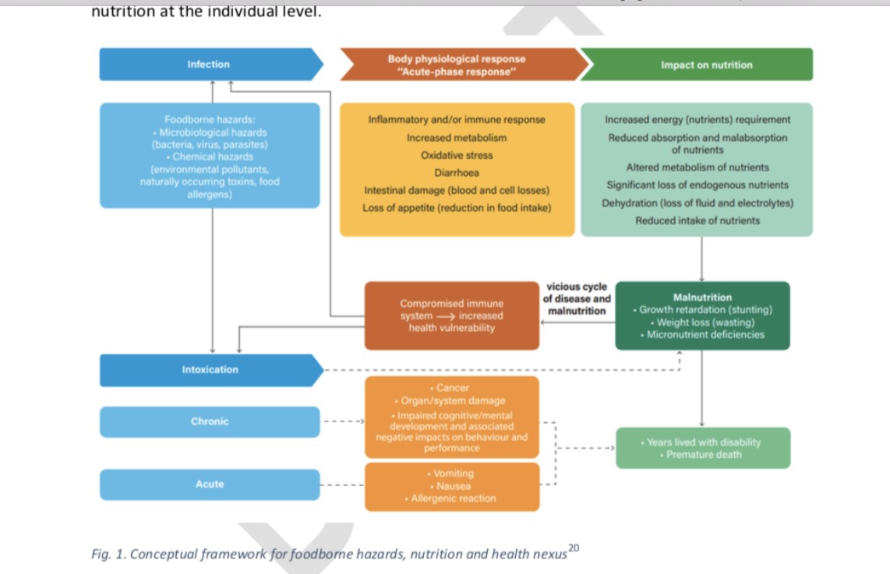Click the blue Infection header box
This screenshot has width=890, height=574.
pyautogui.click(x=209, y=64)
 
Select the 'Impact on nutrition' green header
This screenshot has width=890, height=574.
pyautogui.click(x=706, y=65)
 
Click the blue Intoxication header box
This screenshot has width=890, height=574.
pyautogui.click(x=210, y=369)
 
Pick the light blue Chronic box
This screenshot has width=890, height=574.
pyautogui.click(x=210, y=421)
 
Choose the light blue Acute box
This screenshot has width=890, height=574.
pyautogui.click(x=210, y=484)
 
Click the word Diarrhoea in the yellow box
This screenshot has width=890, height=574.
pyautogui.click(x=457, y=173)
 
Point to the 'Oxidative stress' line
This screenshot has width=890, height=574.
pyautogui.click(x=457, y=155)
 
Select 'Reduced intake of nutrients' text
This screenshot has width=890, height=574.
pyautogui.click(x=698, y=220)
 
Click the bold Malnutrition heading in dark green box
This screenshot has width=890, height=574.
pyautogui.click(x=702, y=298)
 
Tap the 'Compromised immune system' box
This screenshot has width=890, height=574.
pyautogui.click(x=452, y=315)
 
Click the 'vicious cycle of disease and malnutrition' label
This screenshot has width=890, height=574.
pyautogui.click(x=577, y=299)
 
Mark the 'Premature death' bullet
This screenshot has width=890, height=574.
pyautogui.click(x=704, y=454)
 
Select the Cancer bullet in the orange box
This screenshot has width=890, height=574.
pyautogui.click(x=452, y=388)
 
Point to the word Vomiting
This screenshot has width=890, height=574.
pyautogui.click(x=453, y=474)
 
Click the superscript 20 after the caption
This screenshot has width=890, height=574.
pyautogui.click(x=574, y=548)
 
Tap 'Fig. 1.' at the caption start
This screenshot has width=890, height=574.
pyautogui.click(x=108, y=555)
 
